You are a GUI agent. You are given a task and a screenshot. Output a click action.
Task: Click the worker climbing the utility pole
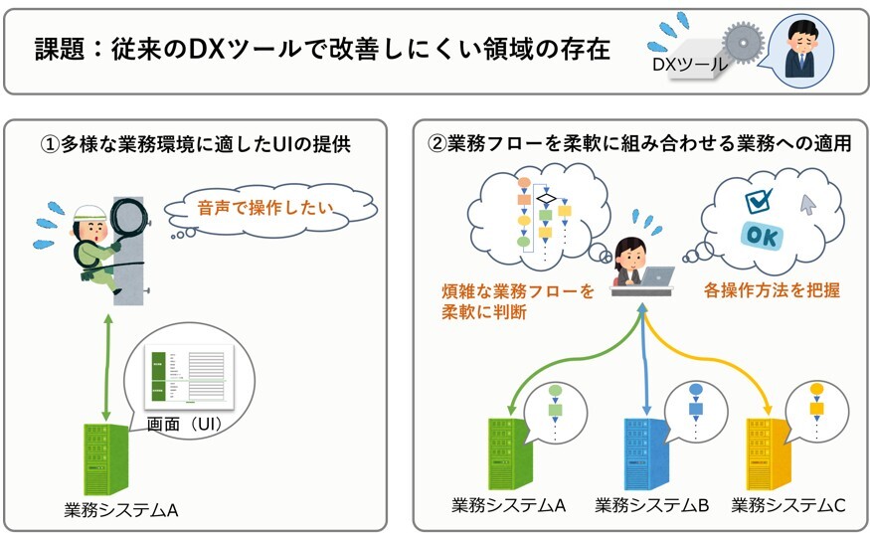(x=99, y=240)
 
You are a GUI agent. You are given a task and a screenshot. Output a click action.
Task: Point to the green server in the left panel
(x=103, y=456)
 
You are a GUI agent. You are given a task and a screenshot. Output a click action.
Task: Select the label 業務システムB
(x=651, y=506)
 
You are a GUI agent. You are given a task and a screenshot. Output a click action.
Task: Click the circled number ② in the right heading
(x=436, y=143)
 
